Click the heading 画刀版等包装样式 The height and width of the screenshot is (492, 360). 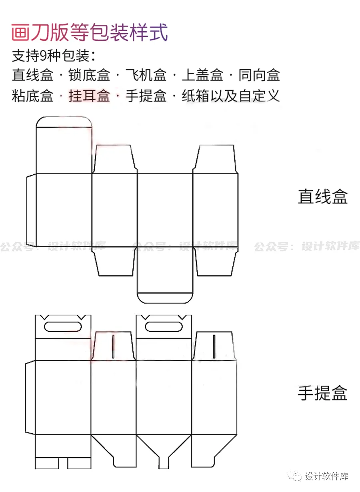click(89, 32)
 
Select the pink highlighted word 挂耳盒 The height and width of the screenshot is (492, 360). click(89, 96)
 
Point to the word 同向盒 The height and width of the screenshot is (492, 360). click(259, 75)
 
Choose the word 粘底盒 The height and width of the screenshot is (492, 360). click(32, 96)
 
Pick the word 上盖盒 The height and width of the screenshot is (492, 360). click(202, 75)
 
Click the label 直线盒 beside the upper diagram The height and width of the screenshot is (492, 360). click(322, 197)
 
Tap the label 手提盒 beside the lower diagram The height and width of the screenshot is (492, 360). click(322, 393)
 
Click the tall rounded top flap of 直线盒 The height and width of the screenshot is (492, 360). click(64, 146)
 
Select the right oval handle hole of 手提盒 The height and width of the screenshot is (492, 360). click(164, 327)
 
